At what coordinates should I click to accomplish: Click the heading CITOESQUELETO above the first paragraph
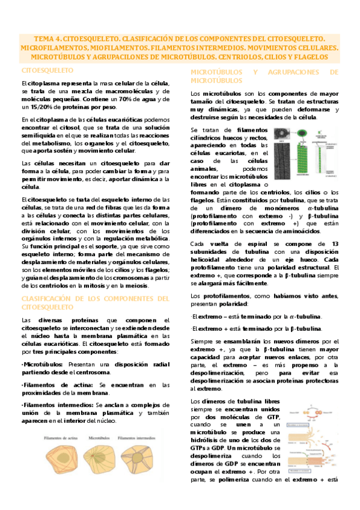tap(43, 71)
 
